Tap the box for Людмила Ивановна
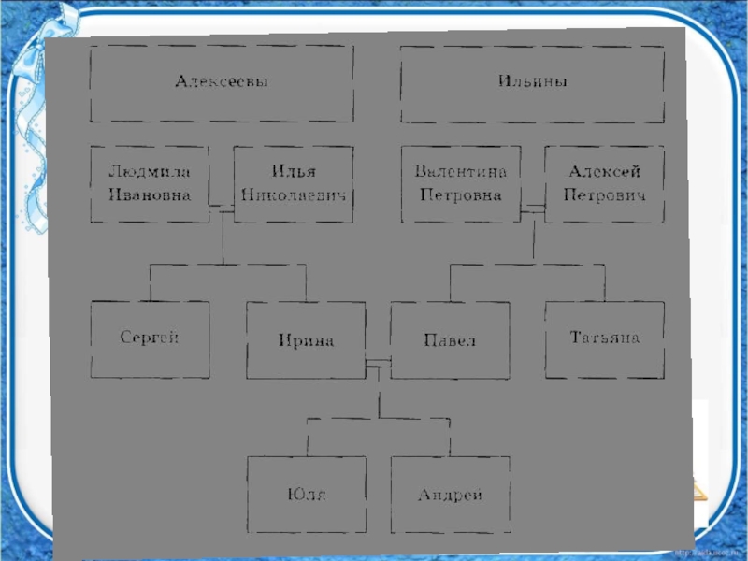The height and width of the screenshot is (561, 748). click(x=150, y=184)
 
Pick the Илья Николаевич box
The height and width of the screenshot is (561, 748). click(x=293, y=184)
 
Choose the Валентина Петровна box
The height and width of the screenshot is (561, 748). click(x=461, y=184)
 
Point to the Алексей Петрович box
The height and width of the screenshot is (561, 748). click(x=604, y=184)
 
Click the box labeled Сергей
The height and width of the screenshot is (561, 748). click(x=150, y=338)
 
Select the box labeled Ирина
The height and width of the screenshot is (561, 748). click(x=306, y=340)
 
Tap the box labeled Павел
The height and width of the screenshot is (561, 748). click(x=450, y=340)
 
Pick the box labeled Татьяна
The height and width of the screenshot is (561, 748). click(x=604, y=338)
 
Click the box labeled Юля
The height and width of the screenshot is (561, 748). click(x=306, y=495)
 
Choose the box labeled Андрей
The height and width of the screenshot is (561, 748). click(x=450, y=495)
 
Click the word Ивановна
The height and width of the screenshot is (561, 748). click(x=150, y=195)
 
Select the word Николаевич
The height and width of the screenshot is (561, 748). click(x=293, y=195)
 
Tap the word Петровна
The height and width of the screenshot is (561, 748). click(x=461, y=195)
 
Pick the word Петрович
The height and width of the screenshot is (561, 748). click(x=604, y=195)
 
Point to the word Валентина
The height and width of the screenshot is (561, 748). click(x=461, y=172)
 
